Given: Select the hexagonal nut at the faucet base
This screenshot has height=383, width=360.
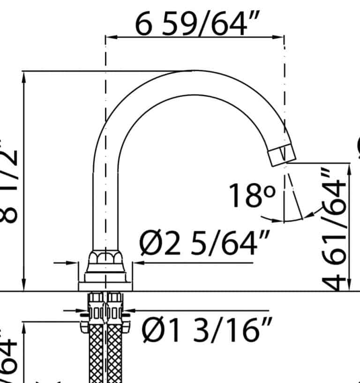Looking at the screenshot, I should [105, 258].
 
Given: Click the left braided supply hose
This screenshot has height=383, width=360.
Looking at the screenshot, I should [97, 352].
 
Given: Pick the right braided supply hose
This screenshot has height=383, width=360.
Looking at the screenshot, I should [115, 352].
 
